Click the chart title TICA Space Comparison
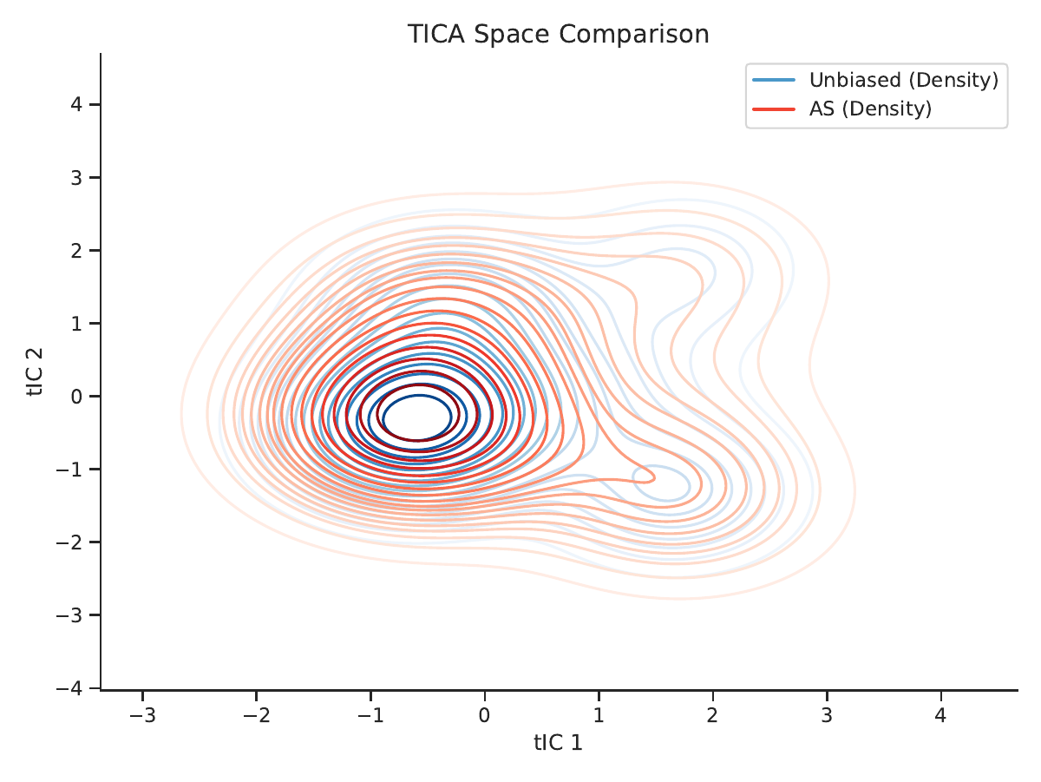558,34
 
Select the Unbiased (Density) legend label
903,80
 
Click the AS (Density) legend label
870,108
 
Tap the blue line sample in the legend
774,80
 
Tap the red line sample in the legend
774,109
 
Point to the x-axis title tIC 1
558,743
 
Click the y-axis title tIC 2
35,371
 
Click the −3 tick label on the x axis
142,715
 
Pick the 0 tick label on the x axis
484,715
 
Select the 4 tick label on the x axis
940,715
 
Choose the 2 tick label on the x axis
712,715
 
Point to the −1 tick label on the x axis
370,715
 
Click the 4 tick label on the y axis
76,104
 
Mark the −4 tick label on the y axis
69,688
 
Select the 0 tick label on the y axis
76,397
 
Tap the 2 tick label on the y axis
76,251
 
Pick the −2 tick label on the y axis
69,542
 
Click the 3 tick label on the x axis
827,715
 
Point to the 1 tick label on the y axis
76,324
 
